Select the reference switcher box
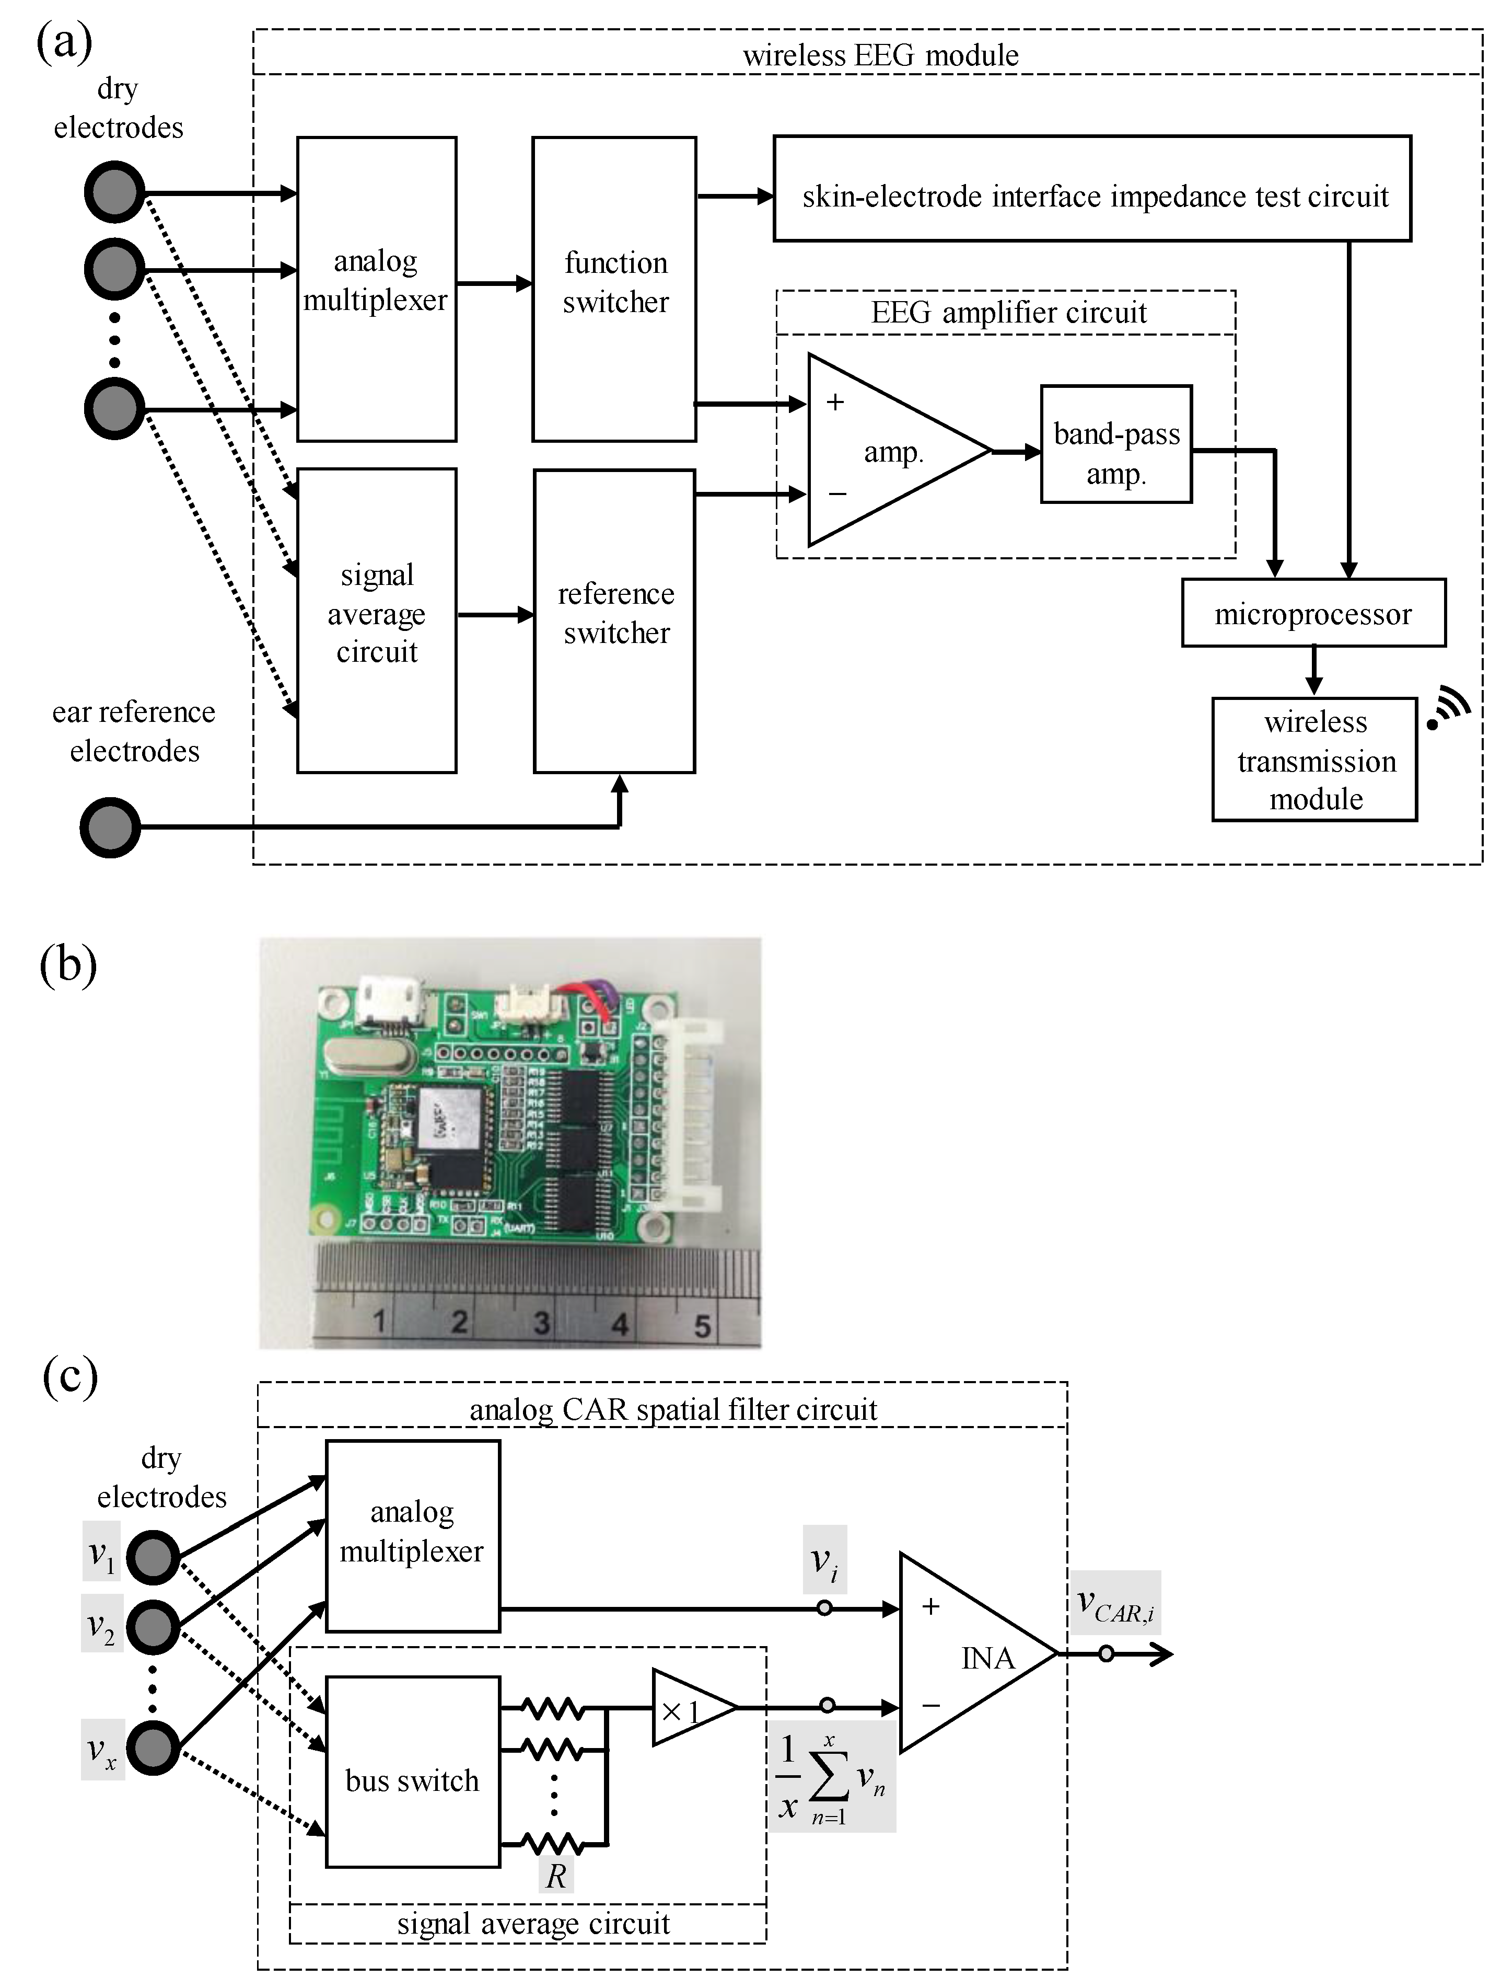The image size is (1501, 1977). tap(615, 620)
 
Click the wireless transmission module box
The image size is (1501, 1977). tap(1314, 760)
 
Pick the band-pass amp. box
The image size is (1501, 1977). tap(1116, 444)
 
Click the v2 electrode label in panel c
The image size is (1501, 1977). tap(102, 1625)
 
